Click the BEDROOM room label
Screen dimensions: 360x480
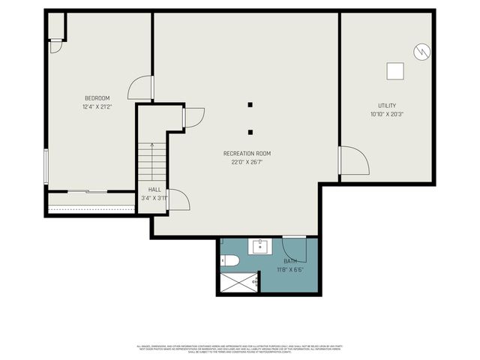pos(97,98)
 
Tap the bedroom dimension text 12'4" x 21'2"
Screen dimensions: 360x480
pos(97,107)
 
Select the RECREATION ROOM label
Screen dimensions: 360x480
pos(247,153)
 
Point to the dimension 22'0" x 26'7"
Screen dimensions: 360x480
pos(247,162)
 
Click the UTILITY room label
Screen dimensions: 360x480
pos(387,106)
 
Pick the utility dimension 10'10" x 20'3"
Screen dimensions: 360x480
pos(387,115)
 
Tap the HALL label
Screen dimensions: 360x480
pos(154,190)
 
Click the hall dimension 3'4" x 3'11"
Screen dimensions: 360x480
pos(154,198)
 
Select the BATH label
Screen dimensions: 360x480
pos(290,260)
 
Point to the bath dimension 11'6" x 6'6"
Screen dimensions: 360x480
pos(290,269)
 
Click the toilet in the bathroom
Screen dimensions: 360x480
pos(230,261)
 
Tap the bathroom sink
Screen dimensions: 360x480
pos(261,247)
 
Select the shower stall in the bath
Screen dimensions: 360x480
pos(238,283)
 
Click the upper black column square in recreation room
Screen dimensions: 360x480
pos(250,105)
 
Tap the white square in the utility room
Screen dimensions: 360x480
pos(394,71)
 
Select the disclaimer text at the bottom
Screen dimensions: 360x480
pos(240,349)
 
